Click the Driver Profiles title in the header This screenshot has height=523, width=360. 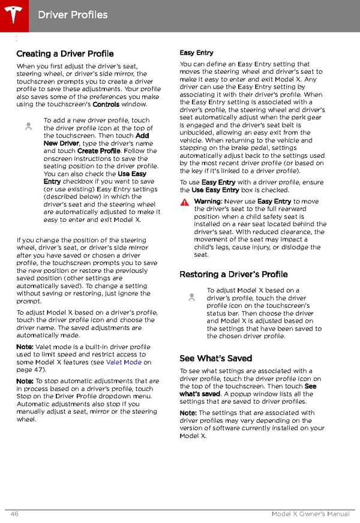point(73,14)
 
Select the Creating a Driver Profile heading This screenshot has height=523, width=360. point(65,54)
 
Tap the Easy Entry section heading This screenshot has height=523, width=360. point(196,53)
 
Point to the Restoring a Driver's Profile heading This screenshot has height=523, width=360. point(233,274)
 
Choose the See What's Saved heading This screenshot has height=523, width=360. point(215,358)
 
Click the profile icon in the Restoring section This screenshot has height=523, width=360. point(191,296)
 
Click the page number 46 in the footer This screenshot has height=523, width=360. point(14,514)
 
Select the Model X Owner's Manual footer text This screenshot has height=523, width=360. point(310,514)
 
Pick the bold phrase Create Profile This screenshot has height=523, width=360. point(99,151)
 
